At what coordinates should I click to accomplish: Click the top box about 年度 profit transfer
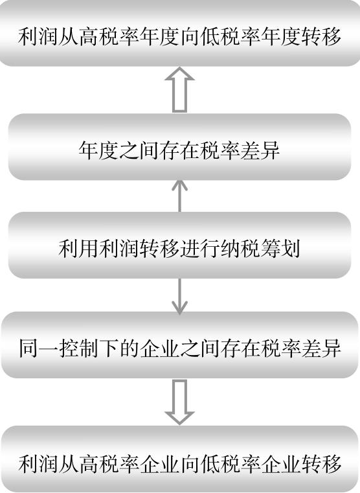[180, 33]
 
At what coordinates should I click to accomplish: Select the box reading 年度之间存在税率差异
[179, 147]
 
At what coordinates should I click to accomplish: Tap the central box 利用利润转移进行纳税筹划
[179, 245]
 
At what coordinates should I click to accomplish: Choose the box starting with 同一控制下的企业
[180, 345]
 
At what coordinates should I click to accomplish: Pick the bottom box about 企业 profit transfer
[180, 459]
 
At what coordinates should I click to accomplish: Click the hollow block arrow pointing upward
[180, 89]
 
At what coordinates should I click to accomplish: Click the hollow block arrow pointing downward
[180, 402]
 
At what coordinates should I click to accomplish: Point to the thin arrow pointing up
[180, 196]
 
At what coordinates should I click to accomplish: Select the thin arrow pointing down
[180, 297]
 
